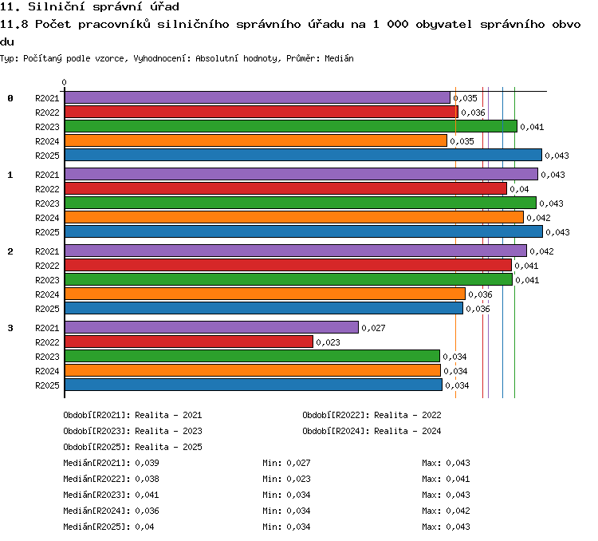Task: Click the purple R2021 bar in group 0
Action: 258,97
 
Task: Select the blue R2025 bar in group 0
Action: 303,155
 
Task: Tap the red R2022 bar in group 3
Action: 189,342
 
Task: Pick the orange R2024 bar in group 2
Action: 265,294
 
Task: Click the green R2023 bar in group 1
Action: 301,203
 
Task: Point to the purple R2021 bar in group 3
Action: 211,327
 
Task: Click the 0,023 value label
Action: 328,342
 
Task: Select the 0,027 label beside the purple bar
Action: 373,328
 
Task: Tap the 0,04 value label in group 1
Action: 519,189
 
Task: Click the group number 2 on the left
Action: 10,251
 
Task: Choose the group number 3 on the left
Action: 10,328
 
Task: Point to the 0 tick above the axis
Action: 64,82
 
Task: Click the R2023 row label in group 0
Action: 47,127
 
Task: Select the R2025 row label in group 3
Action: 47,385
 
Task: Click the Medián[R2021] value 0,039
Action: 147,463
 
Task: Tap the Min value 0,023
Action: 299,479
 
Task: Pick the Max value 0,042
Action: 458,511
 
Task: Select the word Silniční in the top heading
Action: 57,6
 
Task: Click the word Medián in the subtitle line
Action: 339,58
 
